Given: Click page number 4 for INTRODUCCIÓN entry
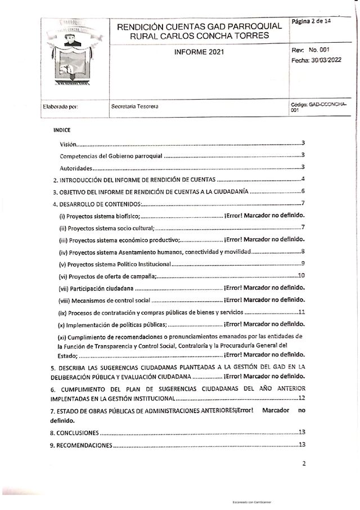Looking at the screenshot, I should pyautogui.click(x=303, y=180).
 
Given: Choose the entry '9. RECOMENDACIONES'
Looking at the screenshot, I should pyautogui.click(x=82, y=445).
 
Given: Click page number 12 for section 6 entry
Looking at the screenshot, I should pyautogui.click(x=301, y=397).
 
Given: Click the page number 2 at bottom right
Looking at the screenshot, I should pyautogui.click(x=303, y=464).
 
